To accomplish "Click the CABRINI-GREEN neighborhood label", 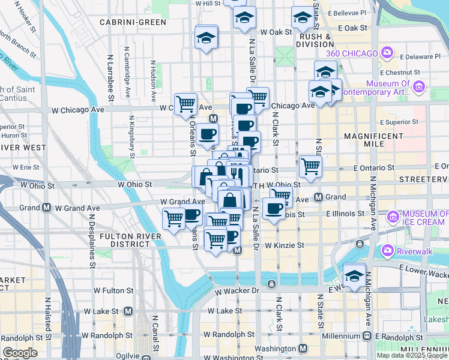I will tap(133, 22).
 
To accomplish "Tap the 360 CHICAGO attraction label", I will tap(353, 53).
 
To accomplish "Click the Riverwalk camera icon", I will tap(387, 250).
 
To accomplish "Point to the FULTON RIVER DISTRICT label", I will tap(131, 241).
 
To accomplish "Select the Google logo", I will tap(20, 353).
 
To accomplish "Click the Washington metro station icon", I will tap(303, 349).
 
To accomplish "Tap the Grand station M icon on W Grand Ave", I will tap(46, 208).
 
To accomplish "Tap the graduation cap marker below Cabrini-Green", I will tap(206, 38).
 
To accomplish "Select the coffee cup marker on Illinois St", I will tap(274, 209).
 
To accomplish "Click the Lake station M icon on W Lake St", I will tap(128, 311).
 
